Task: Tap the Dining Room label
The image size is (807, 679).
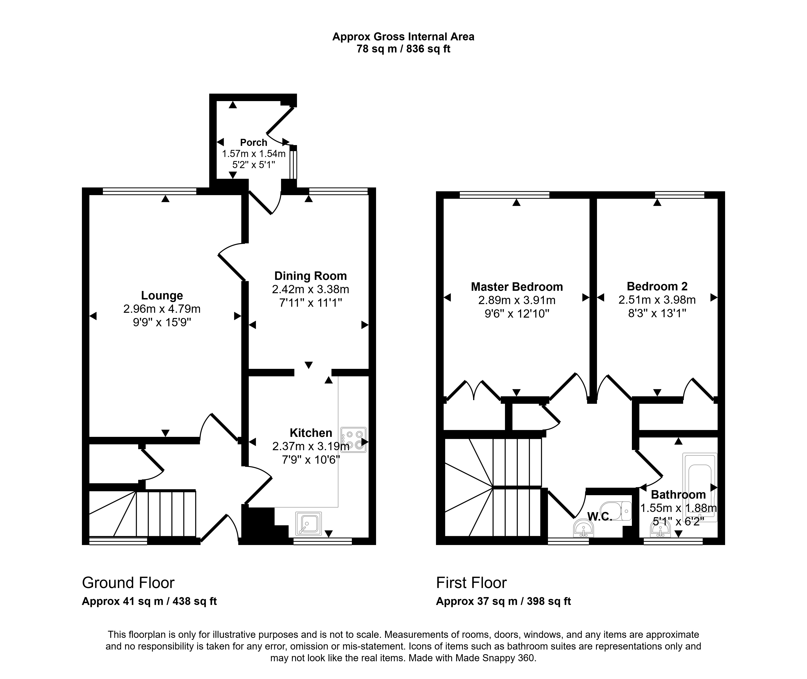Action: pyautogui.click(x=310, y=276)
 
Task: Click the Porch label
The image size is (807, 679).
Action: pyautogui.click(x=254, y=142)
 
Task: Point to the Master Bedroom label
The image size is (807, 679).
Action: pyautogui.click(x=517, y=287)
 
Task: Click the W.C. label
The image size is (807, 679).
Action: pyautogui.click(x=600, y=517)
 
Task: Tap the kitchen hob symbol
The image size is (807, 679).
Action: pyautogui.click(x=353, y=439)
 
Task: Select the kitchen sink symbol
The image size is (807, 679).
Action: pyautogui.click(x=308, y=523)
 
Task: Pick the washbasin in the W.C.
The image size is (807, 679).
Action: pyautogui.click(x=584, y=528)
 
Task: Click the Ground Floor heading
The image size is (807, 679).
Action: pyautogui.click(x=128, y=583)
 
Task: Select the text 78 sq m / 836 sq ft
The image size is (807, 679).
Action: pyautogui.click(x=403, y=49)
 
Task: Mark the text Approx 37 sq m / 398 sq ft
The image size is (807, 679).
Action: pyautogui.click(x=503, y=601)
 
